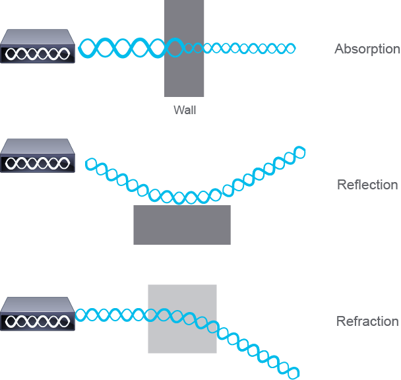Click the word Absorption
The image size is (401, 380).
pyautogui.click(x=367, y=49)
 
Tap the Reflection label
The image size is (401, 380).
pyautogui.click(x=367, y=185)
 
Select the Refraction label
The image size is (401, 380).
pyautogui.click(x=367, y=321)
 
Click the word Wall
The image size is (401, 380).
pyautogui.click(x=185, y=110)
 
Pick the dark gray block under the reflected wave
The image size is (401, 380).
pyautogui.click(x=182, y=225)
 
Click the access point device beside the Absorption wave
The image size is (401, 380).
pyautogui.click(x=38, y=46)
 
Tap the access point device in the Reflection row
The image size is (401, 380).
pyautogui.click(x=38, y=156)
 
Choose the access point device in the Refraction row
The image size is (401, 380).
pyautogui.click(x=38, y=314)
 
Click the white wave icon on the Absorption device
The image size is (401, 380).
pyautogui.click(x=38, y=53)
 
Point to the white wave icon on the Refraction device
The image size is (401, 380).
pyautogui.click(x=38, y=321)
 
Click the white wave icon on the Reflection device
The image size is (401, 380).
pyautogui.click(x=38, y=163)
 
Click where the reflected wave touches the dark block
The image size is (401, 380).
pyautogui.click(x=179, y=204)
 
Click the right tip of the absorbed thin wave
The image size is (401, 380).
pyautogui.click(x=295, y=48)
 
